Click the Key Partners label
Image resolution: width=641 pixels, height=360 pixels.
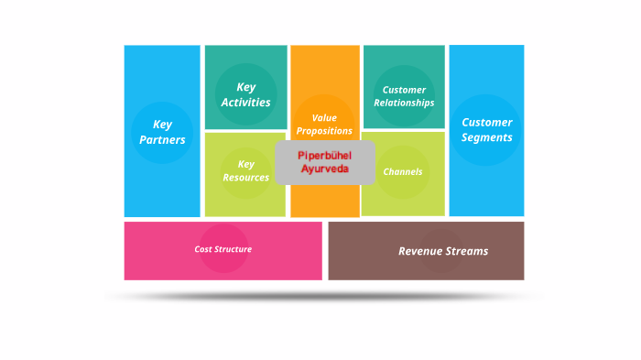[162, 132]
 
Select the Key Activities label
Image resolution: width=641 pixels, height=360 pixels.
[245, 94]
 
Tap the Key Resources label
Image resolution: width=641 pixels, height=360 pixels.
[245, 170]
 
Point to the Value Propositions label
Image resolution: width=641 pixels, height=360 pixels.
[324, 124]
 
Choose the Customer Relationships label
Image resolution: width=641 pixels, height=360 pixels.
[404, 96]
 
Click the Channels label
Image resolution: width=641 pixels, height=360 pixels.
[403, 171]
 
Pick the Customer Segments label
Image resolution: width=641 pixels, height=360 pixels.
[486, 129]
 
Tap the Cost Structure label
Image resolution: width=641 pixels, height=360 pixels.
[223, 249]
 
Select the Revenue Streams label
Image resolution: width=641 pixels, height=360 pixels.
[443, 251]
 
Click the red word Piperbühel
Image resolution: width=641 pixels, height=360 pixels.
[324, 156]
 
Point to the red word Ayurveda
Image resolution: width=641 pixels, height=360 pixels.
[324, 169]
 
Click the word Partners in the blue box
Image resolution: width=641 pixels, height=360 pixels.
[162, 140]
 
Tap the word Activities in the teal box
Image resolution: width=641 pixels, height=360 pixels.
[245, 103]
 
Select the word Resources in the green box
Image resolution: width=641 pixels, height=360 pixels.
[245, 178]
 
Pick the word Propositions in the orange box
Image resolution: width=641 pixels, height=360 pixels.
[324, 131]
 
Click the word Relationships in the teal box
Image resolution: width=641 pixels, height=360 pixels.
[404, 104]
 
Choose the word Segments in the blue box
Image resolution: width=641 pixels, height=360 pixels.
[486, 137]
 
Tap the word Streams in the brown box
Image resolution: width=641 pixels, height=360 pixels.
[468, 251]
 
